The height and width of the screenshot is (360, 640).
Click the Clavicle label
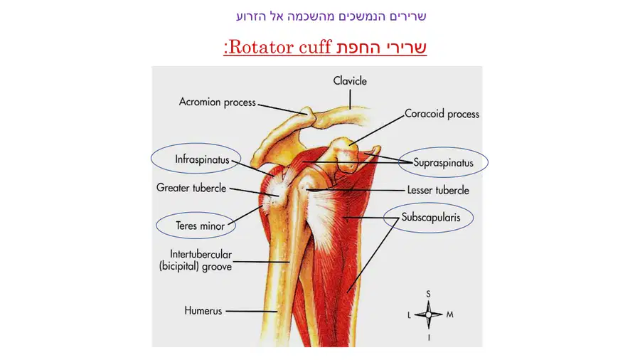(x=350, y=81)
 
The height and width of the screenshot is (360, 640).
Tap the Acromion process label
(x=217, y=102)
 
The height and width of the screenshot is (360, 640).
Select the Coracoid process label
(x=442, y=114)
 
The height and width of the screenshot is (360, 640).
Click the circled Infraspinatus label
(x=202, y=159)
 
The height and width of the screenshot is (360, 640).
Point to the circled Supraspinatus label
(x=443, y=163)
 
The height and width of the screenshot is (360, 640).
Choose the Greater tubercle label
(x=191, y=188)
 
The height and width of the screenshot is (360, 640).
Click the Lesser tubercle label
(x=438, y=190)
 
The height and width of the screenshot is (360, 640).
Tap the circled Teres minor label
(x=200, y=226)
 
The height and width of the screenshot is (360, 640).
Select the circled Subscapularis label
(x=431, y=217)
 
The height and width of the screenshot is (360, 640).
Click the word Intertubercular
(x=201, y=254)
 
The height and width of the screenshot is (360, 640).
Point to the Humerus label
(x=203, y=311)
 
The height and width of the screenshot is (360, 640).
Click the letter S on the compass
(x=428, y=294)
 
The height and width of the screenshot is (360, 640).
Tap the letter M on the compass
(x=450, y=314)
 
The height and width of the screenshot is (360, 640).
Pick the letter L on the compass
(x=409, y=315)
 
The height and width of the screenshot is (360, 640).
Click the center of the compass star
(x=428, y=314)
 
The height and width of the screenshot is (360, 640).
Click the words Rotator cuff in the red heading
(x=280, y=47)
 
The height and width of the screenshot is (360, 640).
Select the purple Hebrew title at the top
(x=331, y=16)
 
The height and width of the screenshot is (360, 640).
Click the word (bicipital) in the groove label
(x=179, y=267)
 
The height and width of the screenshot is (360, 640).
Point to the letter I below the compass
(x=429, y=337)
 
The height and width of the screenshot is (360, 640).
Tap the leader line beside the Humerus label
(x=252, y=311)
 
